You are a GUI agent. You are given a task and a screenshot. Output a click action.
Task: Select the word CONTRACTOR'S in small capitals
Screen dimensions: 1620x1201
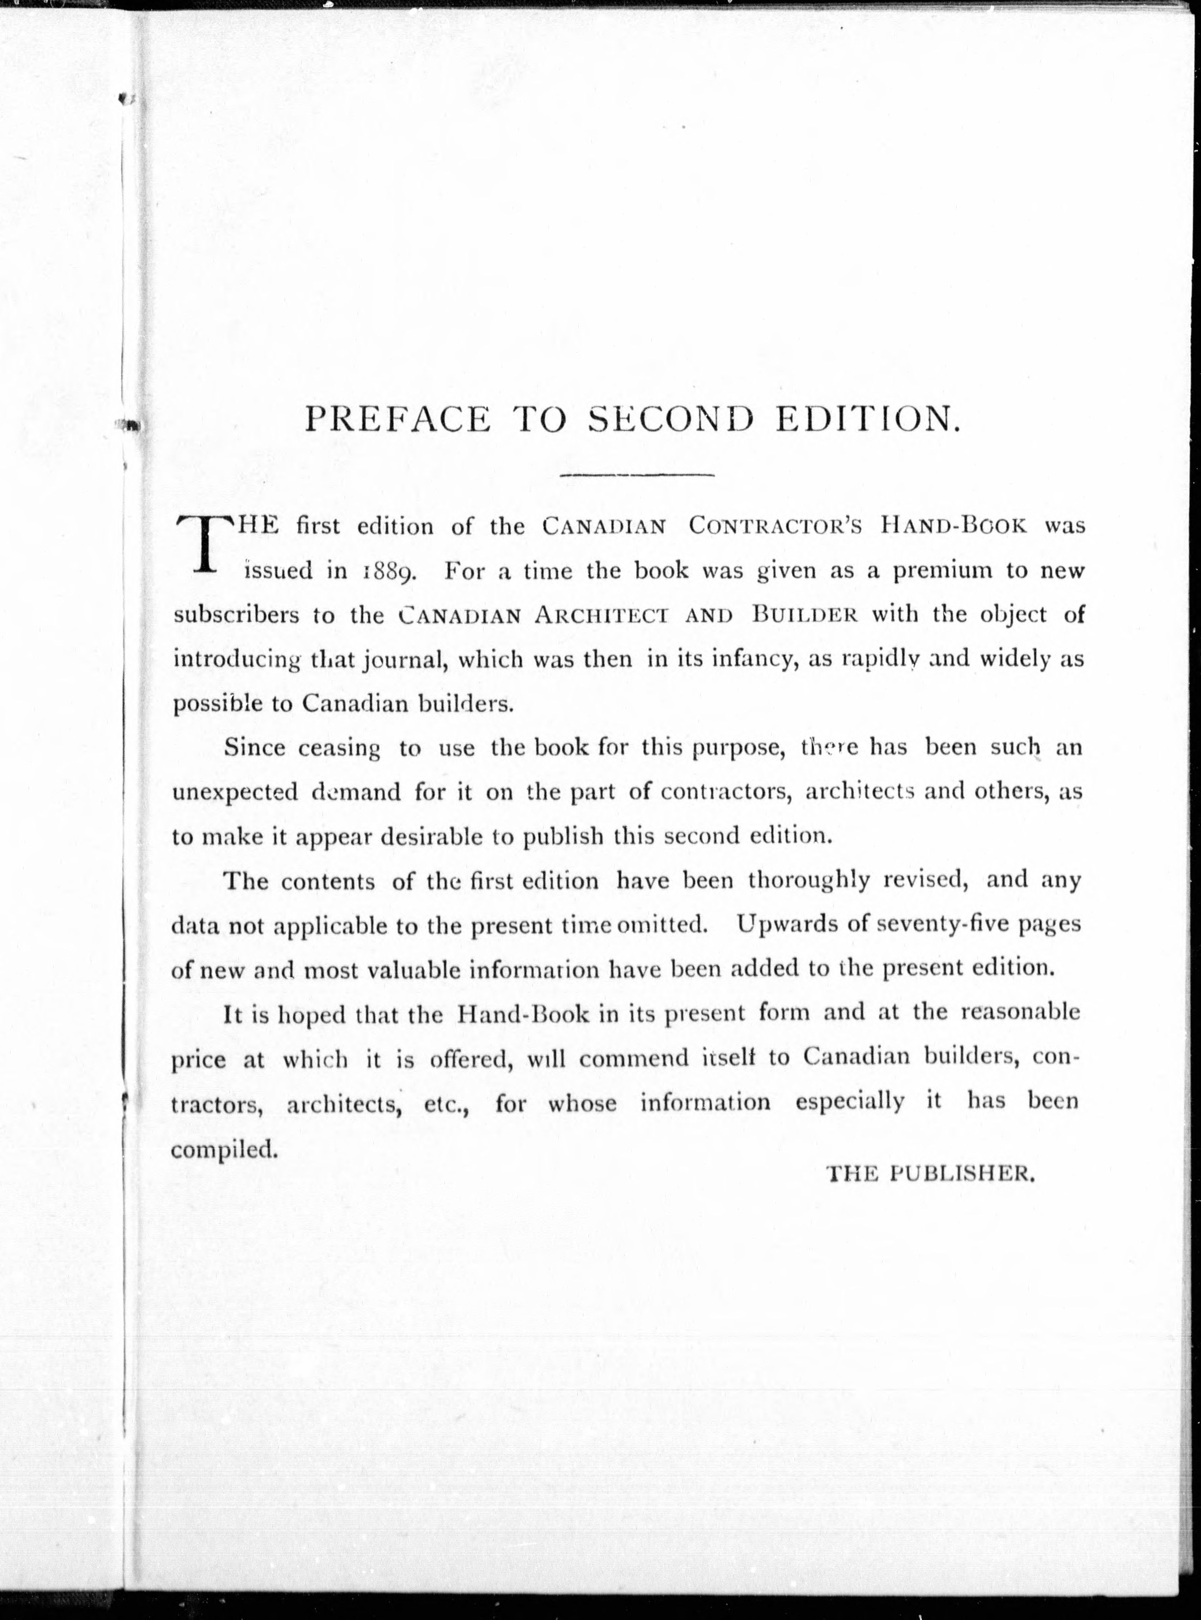[775, 527]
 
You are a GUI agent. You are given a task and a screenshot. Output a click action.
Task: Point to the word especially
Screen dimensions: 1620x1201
[850, 1103]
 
